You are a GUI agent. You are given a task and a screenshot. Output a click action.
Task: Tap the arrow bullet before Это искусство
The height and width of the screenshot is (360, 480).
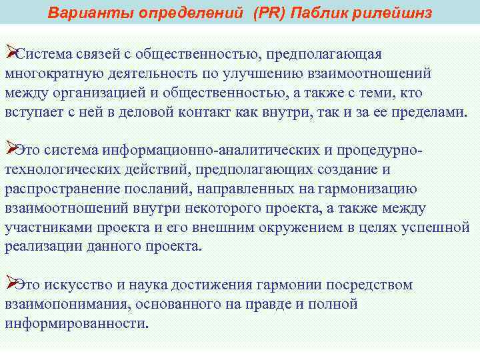pyautogui.click(x=9, y=283)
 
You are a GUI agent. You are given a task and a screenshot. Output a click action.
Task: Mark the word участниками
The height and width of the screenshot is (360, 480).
pyautogui.click(x=47, y=227)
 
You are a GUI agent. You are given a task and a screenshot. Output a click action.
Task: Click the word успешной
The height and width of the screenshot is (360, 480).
pyautogui.click(x=436, y=227)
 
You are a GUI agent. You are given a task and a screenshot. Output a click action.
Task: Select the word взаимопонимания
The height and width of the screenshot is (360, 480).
pyautogui.click(x=65, y=305)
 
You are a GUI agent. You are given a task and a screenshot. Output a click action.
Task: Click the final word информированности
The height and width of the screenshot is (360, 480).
pyautogui.click(x=75, y=324)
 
